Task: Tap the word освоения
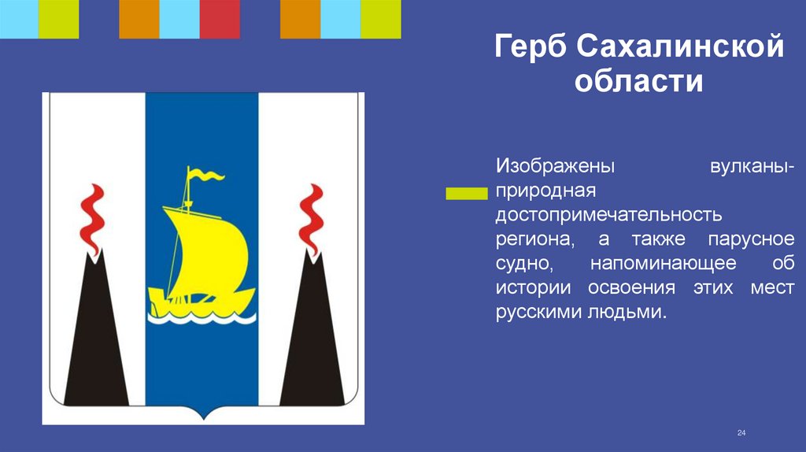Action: [x=627, y=287]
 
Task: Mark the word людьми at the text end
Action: [x=627, y=312]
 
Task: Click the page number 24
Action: [x=741, y=433]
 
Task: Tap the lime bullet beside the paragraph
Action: [x=466, y=193]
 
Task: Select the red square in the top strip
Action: [x=220, y=19]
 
